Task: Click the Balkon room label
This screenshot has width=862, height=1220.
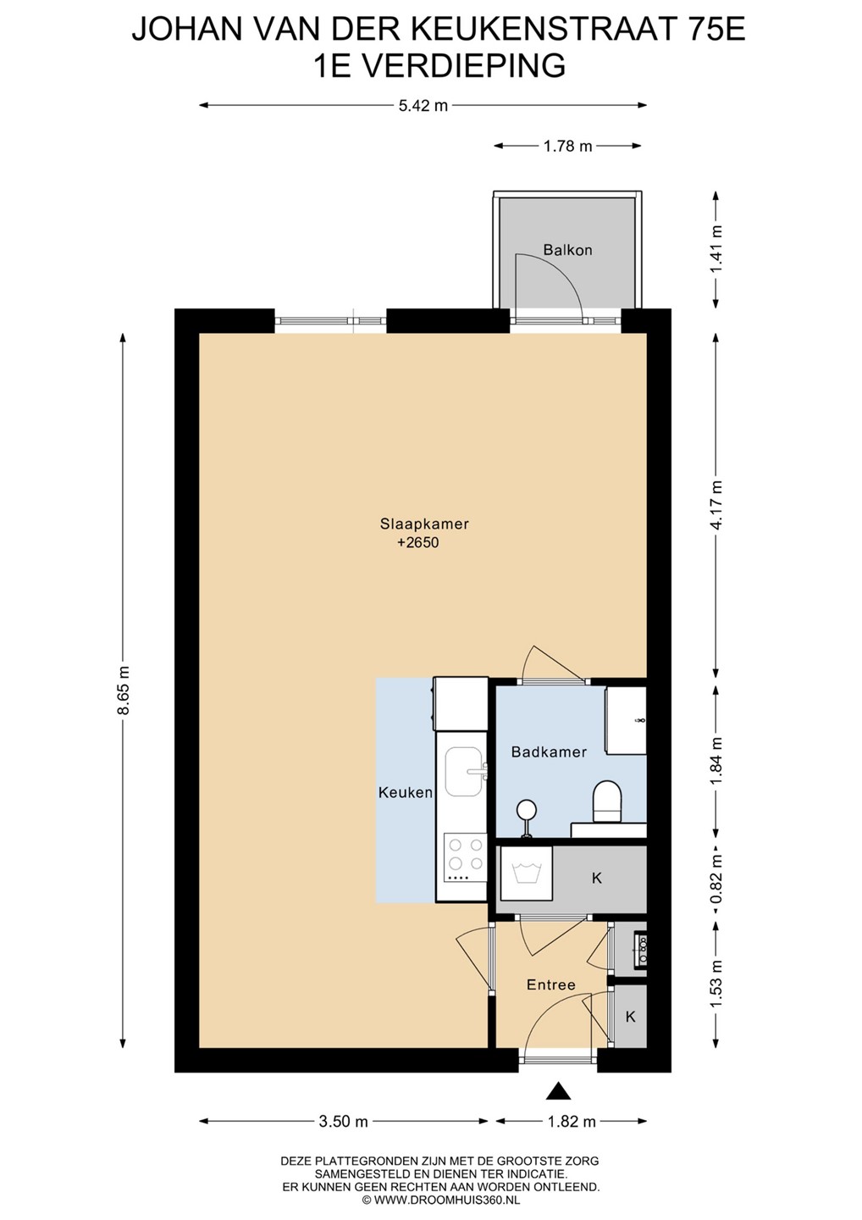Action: tap(567, 250)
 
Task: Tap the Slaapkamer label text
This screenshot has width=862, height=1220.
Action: tap(424, 524)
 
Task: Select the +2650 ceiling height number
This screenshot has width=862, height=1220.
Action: tap(418, 542)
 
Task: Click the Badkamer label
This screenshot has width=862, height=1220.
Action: tap(549, 752)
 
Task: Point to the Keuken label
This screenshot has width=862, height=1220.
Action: tap(406, 792)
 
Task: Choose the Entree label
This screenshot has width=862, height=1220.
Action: tap(550, 984)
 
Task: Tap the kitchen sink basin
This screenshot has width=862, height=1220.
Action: tap(463, 771)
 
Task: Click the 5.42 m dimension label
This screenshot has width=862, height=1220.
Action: tap(423, 106)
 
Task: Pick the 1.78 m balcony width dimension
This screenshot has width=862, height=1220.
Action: tap(567, 146)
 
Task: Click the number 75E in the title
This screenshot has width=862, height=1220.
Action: tap(716, 30)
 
